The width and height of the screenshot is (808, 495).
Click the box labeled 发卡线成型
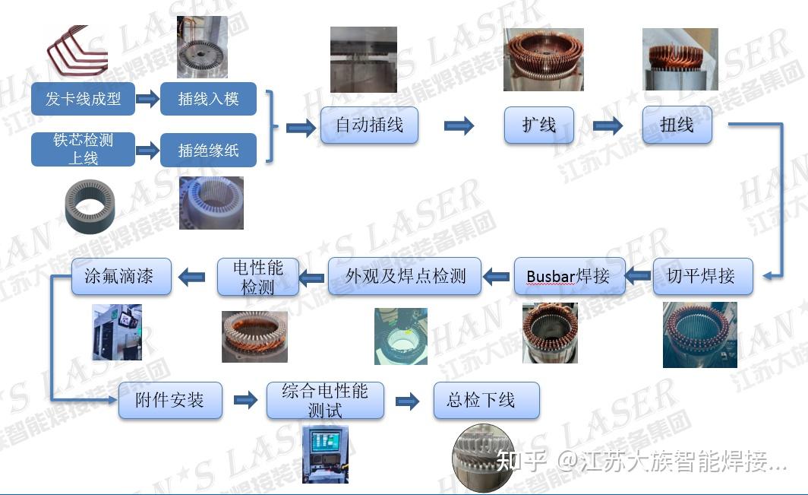(83, 99)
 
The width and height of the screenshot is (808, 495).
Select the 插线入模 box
(208, 99)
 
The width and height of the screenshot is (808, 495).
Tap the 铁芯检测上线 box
(83, 149)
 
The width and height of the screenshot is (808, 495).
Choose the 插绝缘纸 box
(208, 150)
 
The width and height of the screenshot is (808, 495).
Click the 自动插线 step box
(369, 125)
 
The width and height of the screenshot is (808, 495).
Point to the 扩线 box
(539, 125)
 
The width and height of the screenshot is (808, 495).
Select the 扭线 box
(677, 125)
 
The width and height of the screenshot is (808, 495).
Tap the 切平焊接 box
(702, 276)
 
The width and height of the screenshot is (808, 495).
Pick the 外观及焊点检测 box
(405, 276)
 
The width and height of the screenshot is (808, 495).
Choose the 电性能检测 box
(258, 277)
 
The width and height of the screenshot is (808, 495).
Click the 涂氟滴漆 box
(121, 276)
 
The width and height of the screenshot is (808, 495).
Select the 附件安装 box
(170, 400)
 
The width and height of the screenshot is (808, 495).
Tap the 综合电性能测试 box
(325, 400)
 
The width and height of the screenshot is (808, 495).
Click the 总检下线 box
(487, 400)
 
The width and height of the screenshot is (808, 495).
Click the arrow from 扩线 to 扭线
(608, 125)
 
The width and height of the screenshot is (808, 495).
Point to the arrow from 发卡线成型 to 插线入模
(148, 98)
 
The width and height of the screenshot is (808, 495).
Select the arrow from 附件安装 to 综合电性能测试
(245, 400)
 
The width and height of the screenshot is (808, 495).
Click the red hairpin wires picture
(76, 51)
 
